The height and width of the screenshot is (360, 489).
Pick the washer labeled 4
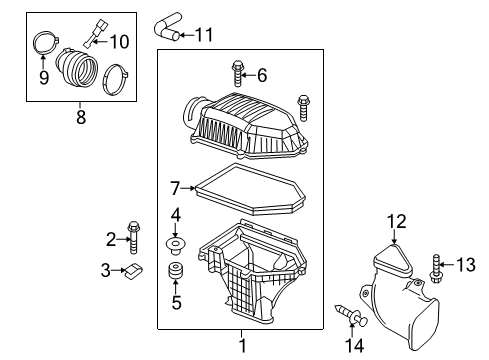175,245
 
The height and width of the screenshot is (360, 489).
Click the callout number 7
174,187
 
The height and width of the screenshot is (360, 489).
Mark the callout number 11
203,36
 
